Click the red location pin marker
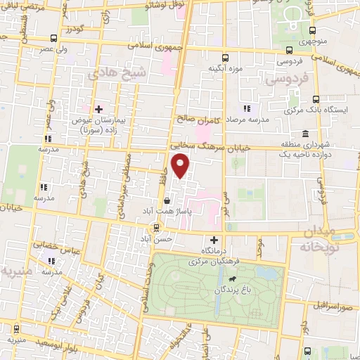pos(181,166)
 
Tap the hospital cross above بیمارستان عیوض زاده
pos(98,109)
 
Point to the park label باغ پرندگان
pos(220,289)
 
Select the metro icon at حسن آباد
pos(156,226)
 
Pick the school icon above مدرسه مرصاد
pos(245,108)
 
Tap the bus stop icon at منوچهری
pos(311,32)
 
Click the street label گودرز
pos(73,30)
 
